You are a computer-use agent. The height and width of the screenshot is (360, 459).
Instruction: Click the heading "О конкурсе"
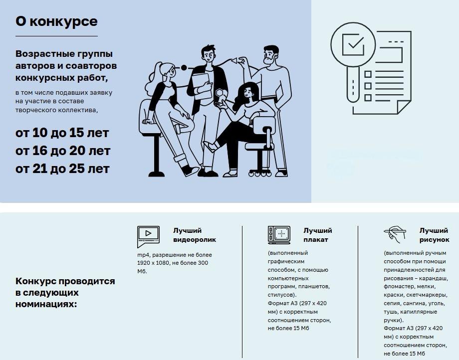(56, 21)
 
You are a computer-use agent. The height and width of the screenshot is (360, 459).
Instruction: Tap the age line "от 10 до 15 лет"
(62, 133)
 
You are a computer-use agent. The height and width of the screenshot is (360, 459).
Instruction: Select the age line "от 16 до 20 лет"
(62, 151)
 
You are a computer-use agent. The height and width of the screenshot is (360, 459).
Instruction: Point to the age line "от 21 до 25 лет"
(62, 169)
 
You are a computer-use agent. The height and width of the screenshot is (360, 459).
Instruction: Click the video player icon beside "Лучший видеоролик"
(148, 235)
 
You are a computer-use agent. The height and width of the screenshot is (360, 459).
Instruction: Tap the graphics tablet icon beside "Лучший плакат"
(279, 235)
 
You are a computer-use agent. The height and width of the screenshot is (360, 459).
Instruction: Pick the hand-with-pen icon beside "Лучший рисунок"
(395, 233)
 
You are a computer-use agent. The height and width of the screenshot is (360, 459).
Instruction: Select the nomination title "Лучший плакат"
(317, 235)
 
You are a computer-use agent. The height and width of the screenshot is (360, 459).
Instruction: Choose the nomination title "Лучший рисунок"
(434, 235)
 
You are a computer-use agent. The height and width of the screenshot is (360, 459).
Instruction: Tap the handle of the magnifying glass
(353, 85)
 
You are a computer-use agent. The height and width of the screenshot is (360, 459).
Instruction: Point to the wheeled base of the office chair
(260, 171)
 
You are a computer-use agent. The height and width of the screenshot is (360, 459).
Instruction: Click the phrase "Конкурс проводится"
(65, 281)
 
